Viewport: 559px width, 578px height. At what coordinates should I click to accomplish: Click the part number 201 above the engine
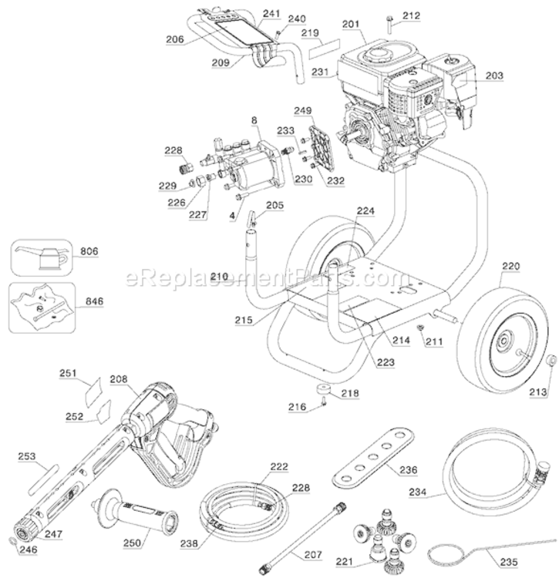(x=352, y=25)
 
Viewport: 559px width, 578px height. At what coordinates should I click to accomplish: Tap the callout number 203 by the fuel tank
(x=495, y=76)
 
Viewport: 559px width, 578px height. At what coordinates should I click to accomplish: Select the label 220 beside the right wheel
(x=511, y=267)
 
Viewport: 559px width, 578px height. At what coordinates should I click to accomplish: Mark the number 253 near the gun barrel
(x=28, y=456)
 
